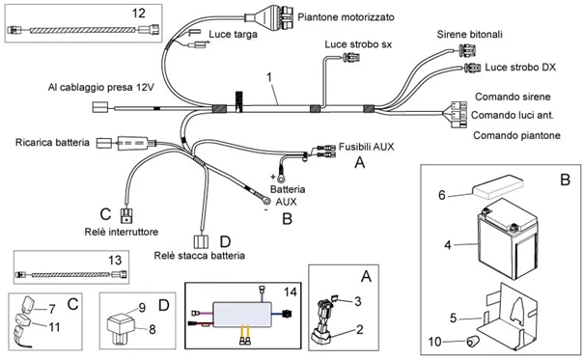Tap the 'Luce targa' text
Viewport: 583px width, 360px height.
pyautogui.click(x=232, y=35)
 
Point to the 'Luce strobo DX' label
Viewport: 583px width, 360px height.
pyautogui.click(x=521, y=68)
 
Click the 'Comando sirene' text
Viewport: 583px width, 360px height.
pyautogui.click(x=513, y=97)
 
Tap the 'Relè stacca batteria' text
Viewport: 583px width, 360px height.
pyautogui.click(x=199, y=256)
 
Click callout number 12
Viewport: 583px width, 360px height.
pyautogui.click(x=139, y=13)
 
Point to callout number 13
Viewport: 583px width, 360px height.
pyautogui.click(x=142, y=259)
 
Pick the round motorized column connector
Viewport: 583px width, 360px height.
pyautogui.click(x=269, y=18)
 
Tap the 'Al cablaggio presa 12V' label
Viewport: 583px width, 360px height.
pyautogui.click(x=101, y=87)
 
